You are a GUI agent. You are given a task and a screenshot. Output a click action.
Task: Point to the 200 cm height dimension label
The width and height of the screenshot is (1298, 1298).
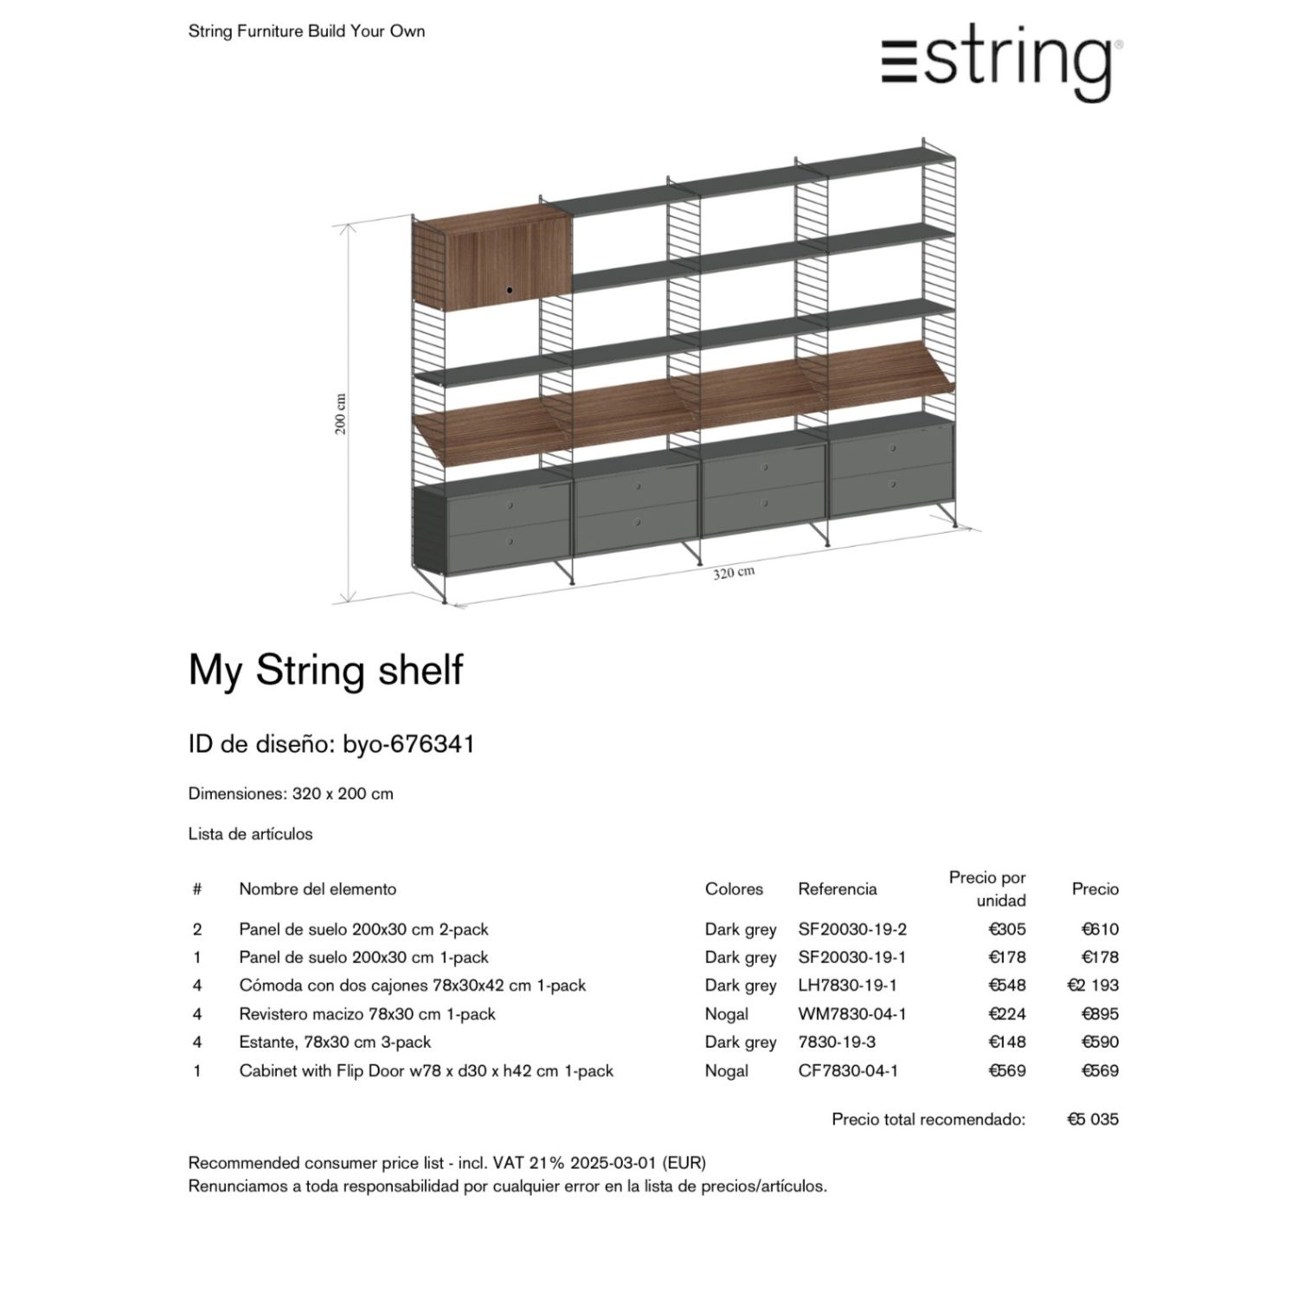tap(341, 414)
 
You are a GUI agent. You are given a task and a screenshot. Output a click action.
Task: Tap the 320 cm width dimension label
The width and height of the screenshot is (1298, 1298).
tap(734, 573)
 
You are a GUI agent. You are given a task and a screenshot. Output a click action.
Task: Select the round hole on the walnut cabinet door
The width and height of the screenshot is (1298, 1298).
tap(510, 289)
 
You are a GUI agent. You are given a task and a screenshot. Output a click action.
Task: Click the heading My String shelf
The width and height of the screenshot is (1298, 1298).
tap(325, 671)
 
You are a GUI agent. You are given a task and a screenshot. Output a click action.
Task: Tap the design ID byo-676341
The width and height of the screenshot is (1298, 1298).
tap(408, 744)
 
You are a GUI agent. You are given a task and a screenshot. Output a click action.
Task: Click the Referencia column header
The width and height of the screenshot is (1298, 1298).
tap(837, 889)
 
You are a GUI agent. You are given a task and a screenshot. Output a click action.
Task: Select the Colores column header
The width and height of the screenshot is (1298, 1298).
tap(734, 889)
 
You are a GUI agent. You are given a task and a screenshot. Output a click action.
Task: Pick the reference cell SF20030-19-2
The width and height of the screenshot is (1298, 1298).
tap(851, 929)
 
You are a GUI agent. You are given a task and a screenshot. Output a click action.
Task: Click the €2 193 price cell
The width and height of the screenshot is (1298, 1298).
tap(1093, 986)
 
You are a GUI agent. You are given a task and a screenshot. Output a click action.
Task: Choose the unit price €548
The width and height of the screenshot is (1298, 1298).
tap(1007, 986)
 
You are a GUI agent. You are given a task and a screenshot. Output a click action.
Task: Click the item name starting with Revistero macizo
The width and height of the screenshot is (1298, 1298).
tap(367, 1014)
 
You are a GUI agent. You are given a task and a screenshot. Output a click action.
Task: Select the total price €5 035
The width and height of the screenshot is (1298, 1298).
tap(1093, 1119)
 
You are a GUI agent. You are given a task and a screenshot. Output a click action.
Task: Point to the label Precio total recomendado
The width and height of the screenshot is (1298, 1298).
tap(928, 1119)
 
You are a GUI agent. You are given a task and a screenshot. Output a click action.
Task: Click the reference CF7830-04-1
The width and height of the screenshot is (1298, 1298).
tap(847, 1070)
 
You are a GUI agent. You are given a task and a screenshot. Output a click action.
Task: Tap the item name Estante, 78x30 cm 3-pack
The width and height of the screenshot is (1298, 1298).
tap(335, 1042)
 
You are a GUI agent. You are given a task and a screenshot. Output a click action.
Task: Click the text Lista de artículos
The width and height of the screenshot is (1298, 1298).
tap(250, 834)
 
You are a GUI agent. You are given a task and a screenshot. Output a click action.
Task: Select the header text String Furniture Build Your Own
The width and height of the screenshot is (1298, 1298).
tap(306, 31)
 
